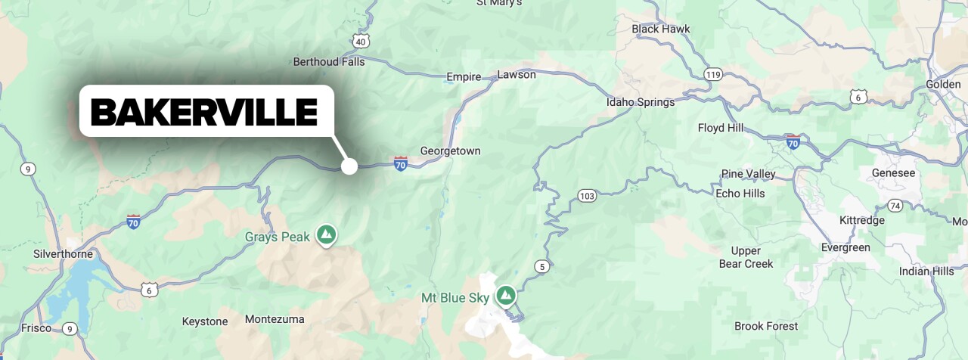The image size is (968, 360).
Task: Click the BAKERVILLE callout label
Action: (x=205, y=112)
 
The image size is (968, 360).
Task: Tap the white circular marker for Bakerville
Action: (x=349, y=166)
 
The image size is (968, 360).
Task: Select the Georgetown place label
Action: (x=450, y=151)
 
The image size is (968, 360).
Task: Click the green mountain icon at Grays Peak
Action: (x=327, y=234)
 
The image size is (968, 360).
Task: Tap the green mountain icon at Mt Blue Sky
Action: (x=505, y=295)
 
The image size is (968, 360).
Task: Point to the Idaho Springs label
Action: (x=640, y=102)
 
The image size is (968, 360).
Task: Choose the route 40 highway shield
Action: (x=361, y=41)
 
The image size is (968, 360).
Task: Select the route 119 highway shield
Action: (x=712, y=74)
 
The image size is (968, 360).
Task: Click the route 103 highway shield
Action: (x=586, y=196)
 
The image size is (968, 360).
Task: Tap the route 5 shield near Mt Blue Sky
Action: (x=541, y=266)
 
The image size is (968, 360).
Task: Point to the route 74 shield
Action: (x=895, y=206)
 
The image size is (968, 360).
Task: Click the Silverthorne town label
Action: (x=64, y=254)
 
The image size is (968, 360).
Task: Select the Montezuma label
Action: (x=275, y=319)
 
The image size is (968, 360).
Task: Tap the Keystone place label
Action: (x=205, y=321)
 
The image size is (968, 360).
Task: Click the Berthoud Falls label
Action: (x=329, y=62)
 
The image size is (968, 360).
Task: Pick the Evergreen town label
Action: (x=845, y=248)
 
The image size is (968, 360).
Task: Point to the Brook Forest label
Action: (x=766, y=327)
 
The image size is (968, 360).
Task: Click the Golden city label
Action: (x=943, y=84)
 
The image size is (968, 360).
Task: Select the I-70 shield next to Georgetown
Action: (x=401, y=163)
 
